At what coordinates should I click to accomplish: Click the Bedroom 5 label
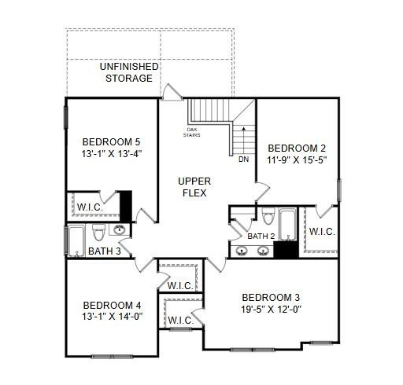click(111, 142)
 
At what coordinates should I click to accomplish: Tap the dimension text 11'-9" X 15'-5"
click(297, 159)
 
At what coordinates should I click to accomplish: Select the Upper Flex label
click(194, 187)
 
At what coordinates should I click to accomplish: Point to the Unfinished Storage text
click(129, 72)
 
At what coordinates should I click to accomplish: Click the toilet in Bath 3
click(98, 233)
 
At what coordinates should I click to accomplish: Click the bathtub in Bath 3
click(76, 241)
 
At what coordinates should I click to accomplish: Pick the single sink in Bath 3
click(120, 229)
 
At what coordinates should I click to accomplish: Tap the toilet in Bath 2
click(268, 216)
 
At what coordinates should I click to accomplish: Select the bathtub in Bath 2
click(288, 225)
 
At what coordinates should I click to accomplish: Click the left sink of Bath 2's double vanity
click(242, 251)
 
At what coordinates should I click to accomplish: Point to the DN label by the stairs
click(243, 159)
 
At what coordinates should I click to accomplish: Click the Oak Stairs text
click(192, 132)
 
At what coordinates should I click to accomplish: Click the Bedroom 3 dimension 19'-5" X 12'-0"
click(271, 310)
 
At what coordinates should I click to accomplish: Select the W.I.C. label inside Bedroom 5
click(90, 207)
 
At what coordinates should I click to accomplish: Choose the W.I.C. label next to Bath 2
click(322, 232)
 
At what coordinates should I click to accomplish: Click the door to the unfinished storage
click(172, 92)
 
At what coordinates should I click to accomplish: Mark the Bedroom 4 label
click(112, 306)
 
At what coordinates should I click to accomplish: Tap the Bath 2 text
click(261, 236)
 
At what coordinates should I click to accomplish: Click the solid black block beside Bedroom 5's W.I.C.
click(126, 206)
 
